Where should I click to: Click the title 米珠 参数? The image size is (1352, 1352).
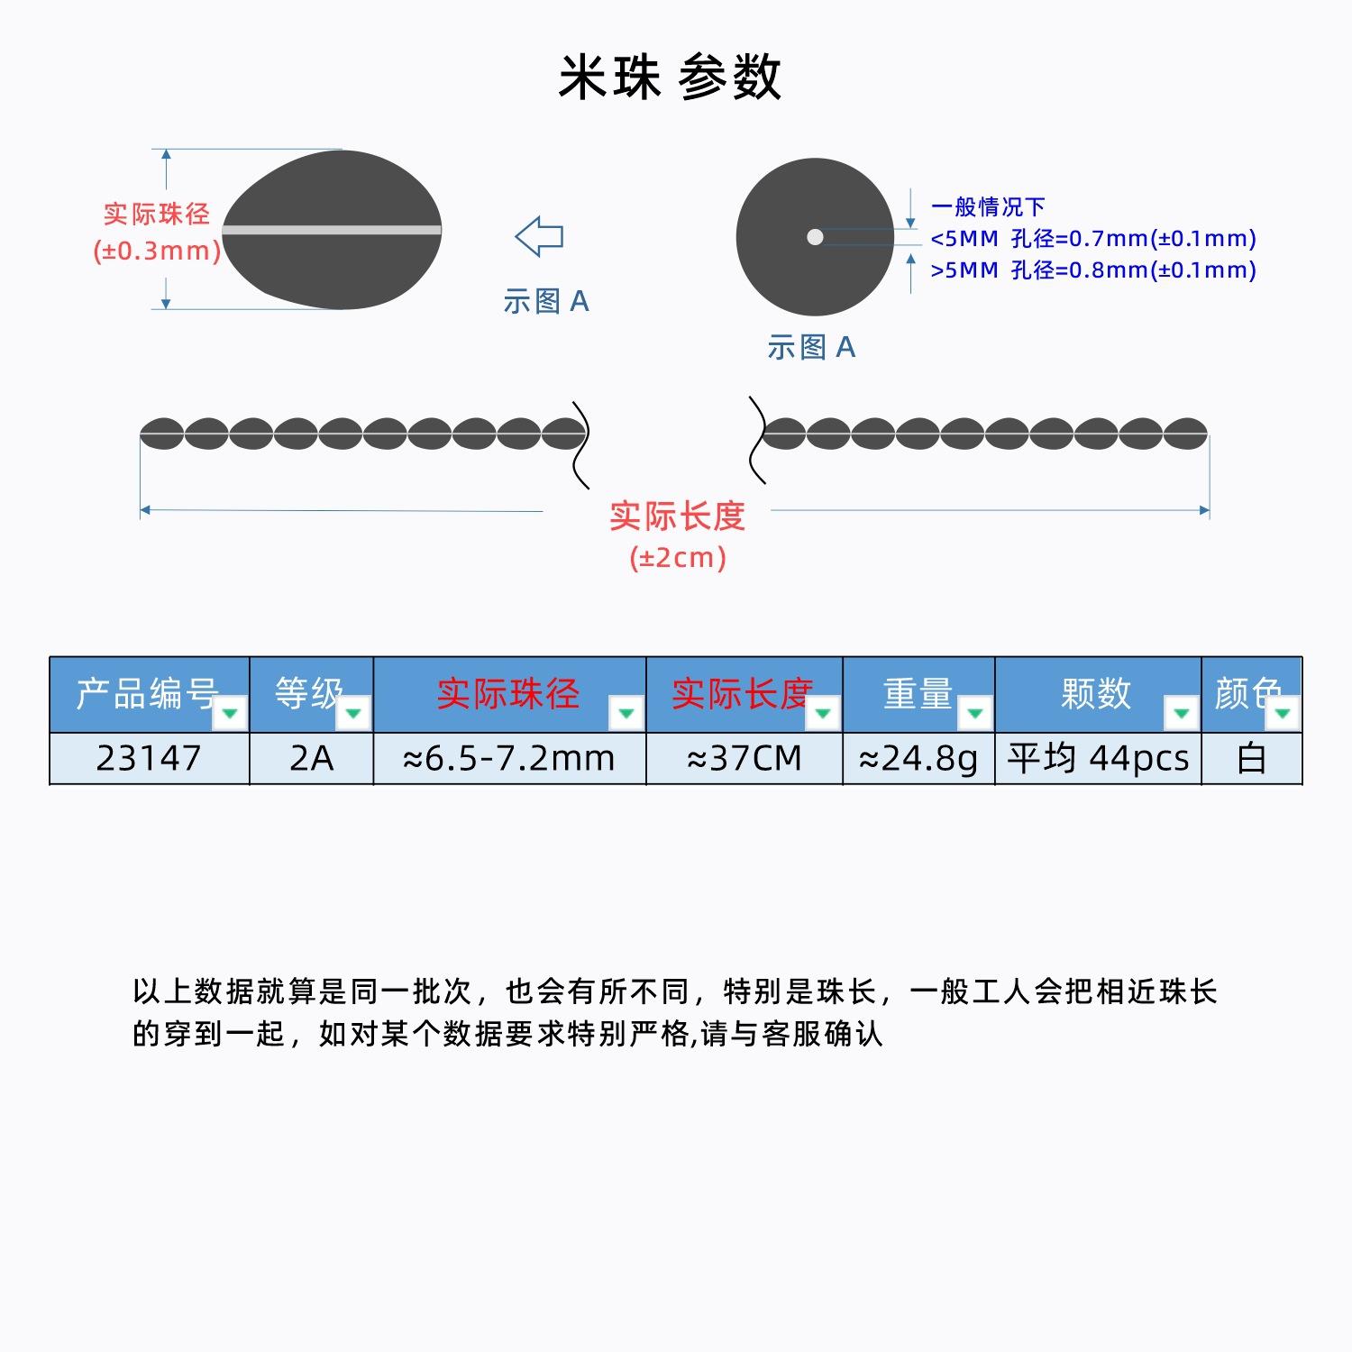670,77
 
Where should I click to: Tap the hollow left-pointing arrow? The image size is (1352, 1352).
539,237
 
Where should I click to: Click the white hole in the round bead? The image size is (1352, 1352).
815,237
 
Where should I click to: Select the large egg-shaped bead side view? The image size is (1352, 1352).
332,230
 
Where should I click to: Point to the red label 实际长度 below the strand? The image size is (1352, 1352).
678,516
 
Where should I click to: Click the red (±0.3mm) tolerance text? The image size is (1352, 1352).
157,251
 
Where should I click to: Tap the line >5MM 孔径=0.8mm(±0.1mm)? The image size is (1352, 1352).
1092,269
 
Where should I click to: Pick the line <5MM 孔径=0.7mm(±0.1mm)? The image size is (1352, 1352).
1092,238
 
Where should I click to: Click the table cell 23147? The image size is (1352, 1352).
149,758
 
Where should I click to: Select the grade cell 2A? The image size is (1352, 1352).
311,758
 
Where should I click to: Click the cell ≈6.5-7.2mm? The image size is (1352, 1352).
509,758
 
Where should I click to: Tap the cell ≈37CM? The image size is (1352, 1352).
745,758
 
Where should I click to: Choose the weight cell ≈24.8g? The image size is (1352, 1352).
918,758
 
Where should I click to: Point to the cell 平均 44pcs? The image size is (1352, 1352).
1098,758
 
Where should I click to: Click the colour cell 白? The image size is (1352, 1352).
1251,758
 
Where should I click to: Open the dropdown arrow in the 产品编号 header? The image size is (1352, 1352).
230,714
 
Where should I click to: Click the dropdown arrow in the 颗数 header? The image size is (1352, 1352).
1181,714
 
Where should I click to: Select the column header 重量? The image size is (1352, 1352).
918,693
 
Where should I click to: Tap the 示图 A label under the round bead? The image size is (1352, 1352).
811,347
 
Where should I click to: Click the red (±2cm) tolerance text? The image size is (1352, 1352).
678,558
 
